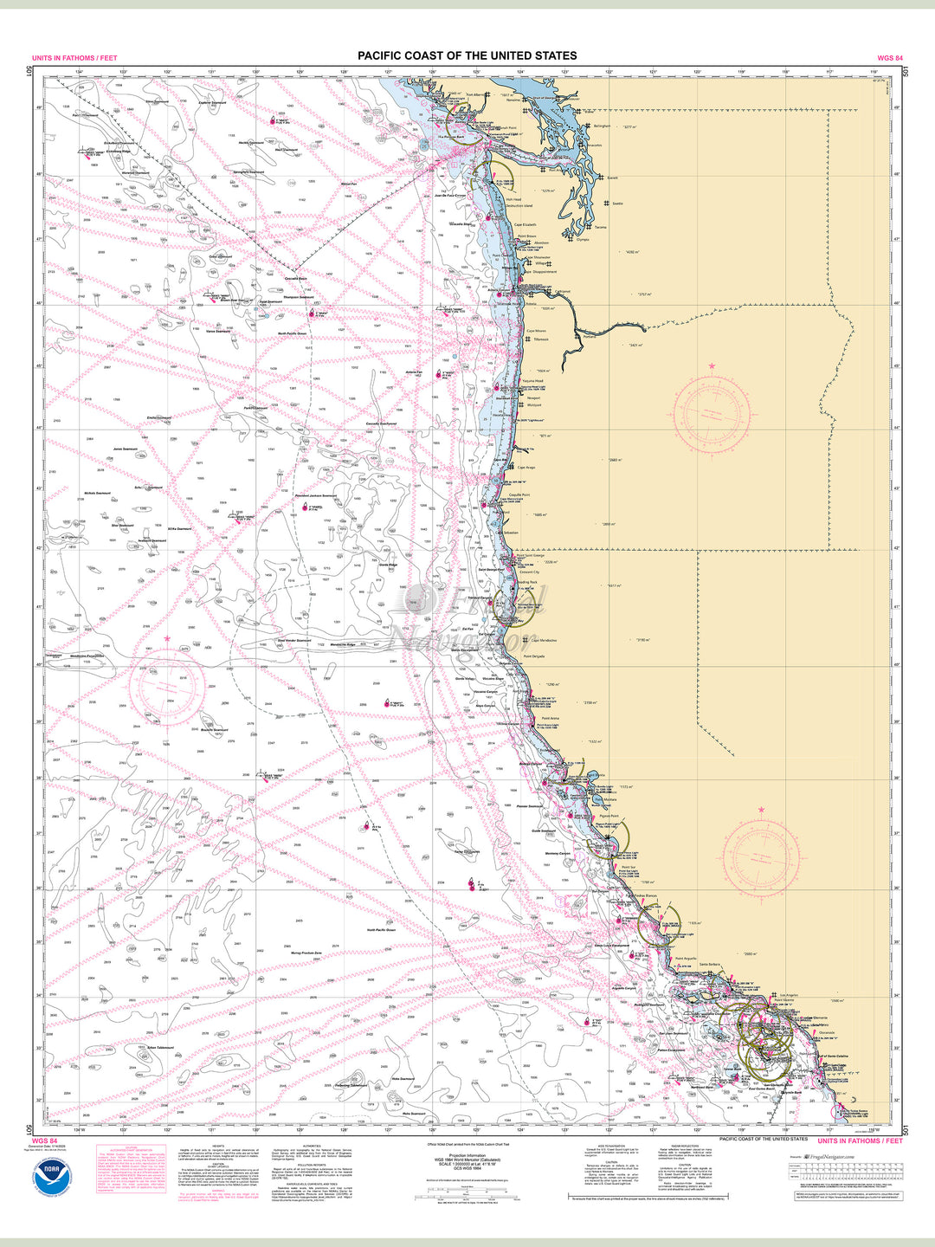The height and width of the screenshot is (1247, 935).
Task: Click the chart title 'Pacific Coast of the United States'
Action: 467,55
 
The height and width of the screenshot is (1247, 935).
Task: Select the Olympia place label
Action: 582,239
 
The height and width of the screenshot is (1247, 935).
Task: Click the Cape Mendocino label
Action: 544,641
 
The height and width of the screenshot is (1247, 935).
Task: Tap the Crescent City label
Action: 529,572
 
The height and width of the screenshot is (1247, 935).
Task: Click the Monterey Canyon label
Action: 558,854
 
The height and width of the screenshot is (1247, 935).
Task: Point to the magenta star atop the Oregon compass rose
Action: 712,367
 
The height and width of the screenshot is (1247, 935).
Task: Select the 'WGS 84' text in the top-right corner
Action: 890,59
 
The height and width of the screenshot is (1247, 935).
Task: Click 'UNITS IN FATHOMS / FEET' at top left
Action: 74,59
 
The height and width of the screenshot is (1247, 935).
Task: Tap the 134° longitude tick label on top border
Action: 79,72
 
